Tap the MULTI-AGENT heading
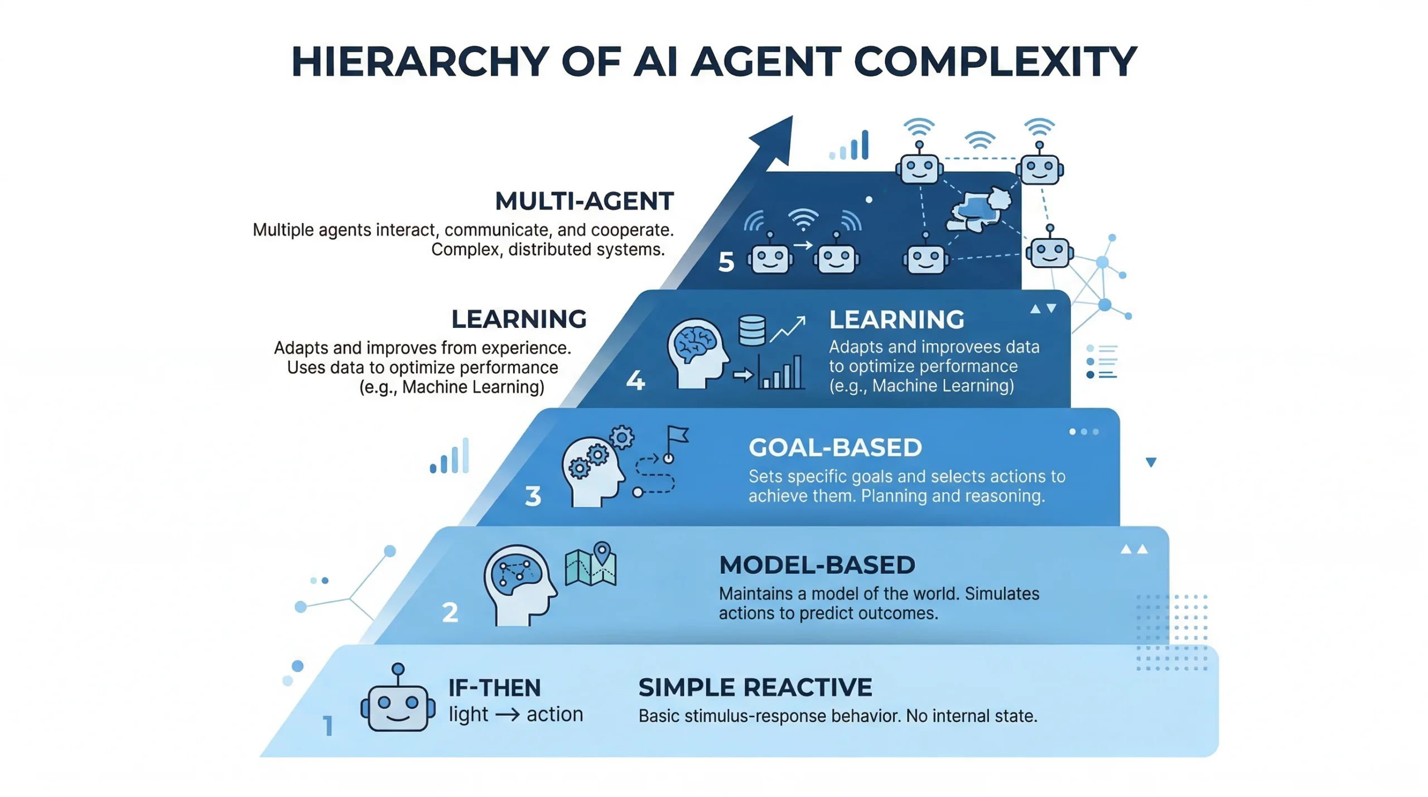coord(584,201)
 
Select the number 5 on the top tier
coord(726,262)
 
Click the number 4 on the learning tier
coord(635,380)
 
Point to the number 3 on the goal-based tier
coord(533,496)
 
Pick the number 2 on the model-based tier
coord(450,612)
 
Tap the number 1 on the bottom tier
coord(328,726)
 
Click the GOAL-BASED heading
coord(835,447)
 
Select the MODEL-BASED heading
coord(817,565)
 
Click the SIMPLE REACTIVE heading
coord(755,687)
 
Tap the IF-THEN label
coord(494,688)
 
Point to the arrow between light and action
coord(507,714)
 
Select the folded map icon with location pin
coord(591,564)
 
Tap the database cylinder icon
coord(751,331)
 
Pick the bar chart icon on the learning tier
coord(780,372)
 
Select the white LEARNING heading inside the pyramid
coord(896,320)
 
